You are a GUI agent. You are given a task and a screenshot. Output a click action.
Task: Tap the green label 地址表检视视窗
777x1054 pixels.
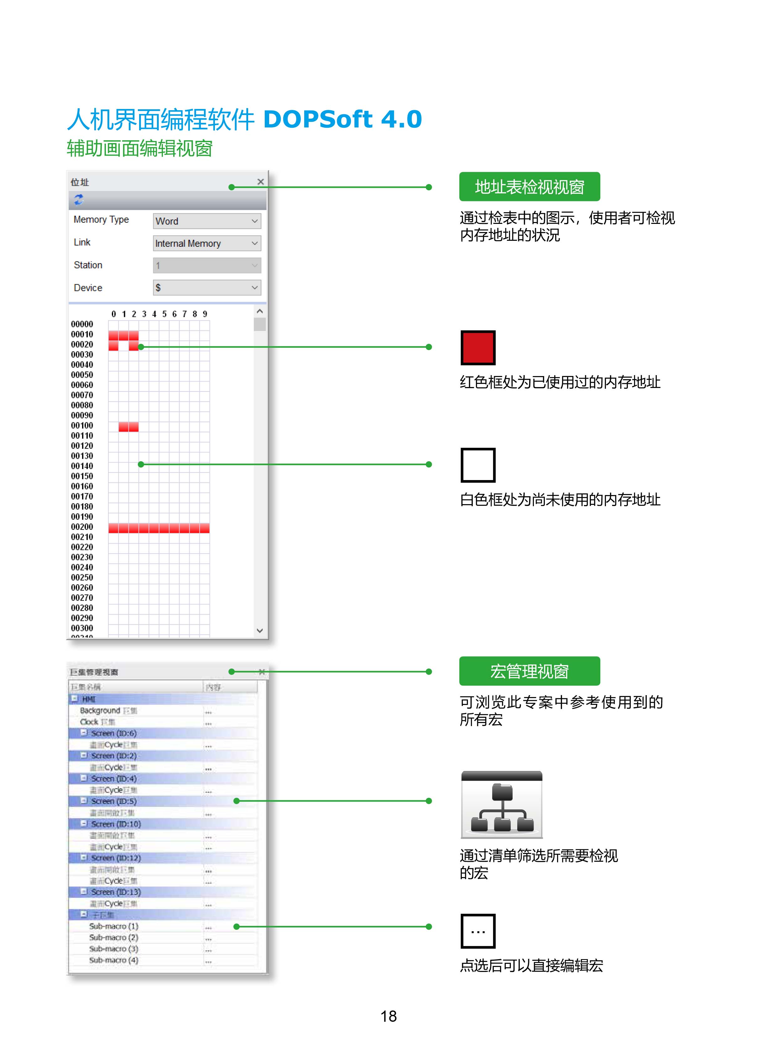click(529, 187)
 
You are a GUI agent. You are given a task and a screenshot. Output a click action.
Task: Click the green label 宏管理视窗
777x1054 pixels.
click(529, 671)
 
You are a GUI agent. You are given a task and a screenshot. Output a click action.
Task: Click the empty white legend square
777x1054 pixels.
click(478, 465)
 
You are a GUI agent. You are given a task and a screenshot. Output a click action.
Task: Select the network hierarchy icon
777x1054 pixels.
click(502, 805)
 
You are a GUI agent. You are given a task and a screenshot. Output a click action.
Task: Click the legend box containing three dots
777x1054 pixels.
click(478, 931)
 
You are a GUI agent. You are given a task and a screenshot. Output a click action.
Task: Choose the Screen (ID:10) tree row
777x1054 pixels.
click(116, 824)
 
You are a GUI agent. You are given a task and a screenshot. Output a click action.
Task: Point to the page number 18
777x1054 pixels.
click(388, 1016)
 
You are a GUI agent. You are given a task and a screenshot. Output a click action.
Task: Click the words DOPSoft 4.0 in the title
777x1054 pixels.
click(342, 119)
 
